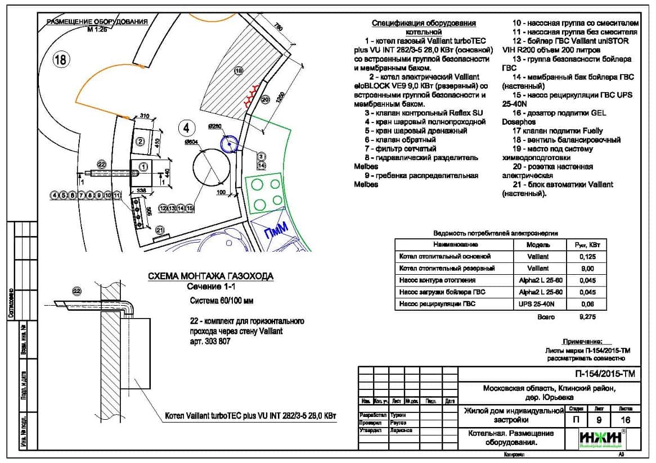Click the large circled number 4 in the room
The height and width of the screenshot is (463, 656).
tap(186, 128)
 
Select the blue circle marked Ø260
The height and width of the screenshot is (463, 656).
tap(229, 144)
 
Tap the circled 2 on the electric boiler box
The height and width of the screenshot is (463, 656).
tap(141, 141)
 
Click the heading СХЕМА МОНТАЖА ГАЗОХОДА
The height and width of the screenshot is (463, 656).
tap(210, 276)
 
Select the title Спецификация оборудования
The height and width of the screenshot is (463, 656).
tap(424, 24)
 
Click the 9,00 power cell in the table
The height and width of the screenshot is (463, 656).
tap(587, 269)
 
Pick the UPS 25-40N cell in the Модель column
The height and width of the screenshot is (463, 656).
tap(538, 304)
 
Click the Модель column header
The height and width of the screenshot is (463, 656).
tap(538, 245)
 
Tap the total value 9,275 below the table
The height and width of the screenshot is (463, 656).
tap(587, 317)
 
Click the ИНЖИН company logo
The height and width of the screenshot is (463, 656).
tap(600, 438)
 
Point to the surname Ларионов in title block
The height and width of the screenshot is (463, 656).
tap(401, 430)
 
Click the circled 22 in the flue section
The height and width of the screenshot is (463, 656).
tap(77, 290)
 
